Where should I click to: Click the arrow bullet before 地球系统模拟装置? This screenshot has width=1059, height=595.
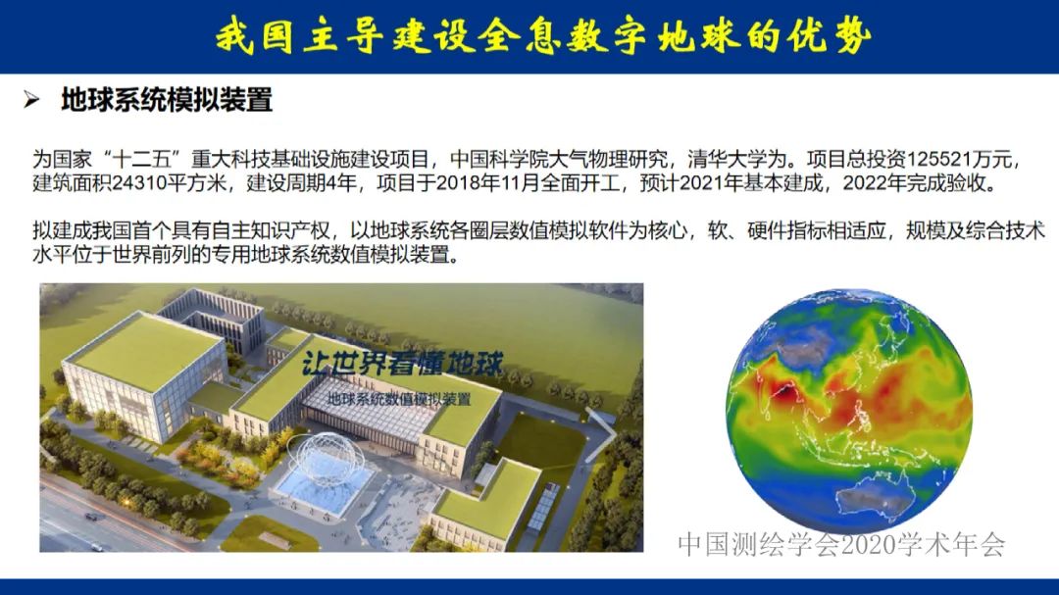32,100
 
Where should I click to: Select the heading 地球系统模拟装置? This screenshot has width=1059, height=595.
166,100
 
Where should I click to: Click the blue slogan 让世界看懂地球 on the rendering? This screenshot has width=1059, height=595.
403,366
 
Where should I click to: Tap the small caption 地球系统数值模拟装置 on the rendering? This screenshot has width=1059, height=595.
398,399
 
